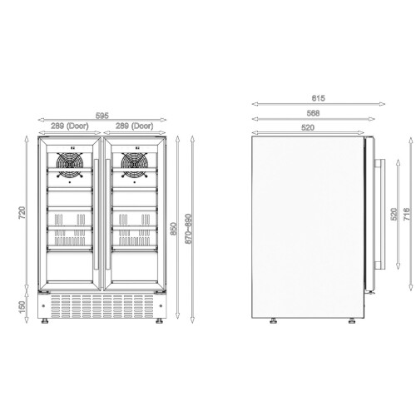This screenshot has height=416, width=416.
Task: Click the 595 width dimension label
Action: tap(102, 116)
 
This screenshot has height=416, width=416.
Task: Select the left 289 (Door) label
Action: tap(70, 126)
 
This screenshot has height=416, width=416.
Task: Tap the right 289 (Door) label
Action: tap(134, 126)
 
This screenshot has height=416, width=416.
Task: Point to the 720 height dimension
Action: tap(22, 213)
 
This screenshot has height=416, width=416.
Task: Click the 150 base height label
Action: tap(22, 307)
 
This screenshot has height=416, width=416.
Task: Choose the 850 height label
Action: tap(173, 229)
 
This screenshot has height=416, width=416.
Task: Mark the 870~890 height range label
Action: tap(188, 229)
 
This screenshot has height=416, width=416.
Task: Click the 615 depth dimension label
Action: tap(318, 98)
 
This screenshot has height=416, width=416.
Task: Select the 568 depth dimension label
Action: tap(313, 113)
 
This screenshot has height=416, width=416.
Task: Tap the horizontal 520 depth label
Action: tap(308, 127)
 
